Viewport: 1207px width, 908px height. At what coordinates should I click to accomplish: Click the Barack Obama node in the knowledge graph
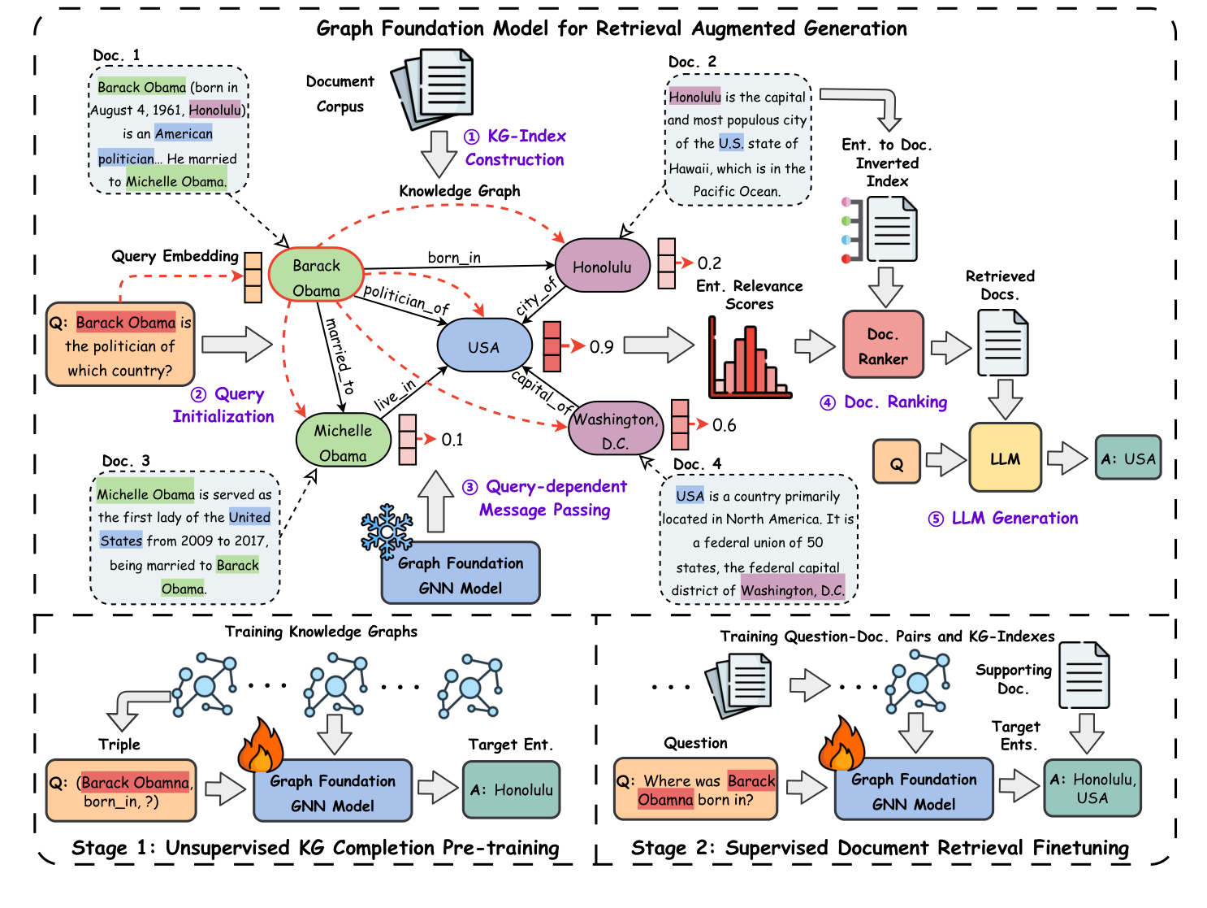(x=316, y=278)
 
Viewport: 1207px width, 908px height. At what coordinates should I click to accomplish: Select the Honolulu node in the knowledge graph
(x=602, y=267)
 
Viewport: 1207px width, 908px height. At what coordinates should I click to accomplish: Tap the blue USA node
(x=484, y=347)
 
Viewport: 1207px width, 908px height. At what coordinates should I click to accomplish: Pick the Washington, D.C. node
(x=615, y=430)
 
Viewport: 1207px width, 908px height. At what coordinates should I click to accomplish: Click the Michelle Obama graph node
(x=343, y=442)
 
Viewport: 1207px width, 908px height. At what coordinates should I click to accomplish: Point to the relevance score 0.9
(x=601, y=347)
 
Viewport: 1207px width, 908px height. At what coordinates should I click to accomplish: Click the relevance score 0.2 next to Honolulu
(x=709, y=263)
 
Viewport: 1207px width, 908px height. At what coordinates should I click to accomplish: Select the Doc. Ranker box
(x=883, y=345)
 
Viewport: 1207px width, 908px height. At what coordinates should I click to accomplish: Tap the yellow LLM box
(x=1005, y=458)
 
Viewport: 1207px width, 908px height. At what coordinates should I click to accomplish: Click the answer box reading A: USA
(x=1127, y=458)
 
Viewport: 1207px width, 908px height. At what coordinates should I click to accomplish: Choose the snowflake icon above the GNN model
(x=387, y=531)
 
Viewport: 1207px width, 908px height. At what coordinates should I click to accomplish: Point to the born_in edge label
(x=454, y=258)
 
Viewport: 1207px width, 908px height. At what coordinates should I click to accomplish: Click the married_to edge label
(x=340, y=356)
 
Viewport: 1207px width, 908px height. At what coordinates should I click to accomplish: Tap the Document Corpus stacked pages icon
(x=433, y=88)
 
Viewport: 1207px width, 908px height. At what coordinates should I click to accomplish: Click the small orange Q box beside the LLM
(x=897, y=463)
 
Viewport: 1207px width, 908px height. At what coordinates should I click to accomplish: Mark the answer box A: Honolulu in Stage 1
(x=512, y=789)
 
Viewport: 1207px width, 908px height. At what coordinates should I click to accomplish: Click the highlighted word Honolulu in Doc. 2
(x=694, y=97)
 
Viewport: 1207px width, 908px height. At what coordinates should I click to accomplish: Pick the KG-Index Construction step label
(x=515, y=148)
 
